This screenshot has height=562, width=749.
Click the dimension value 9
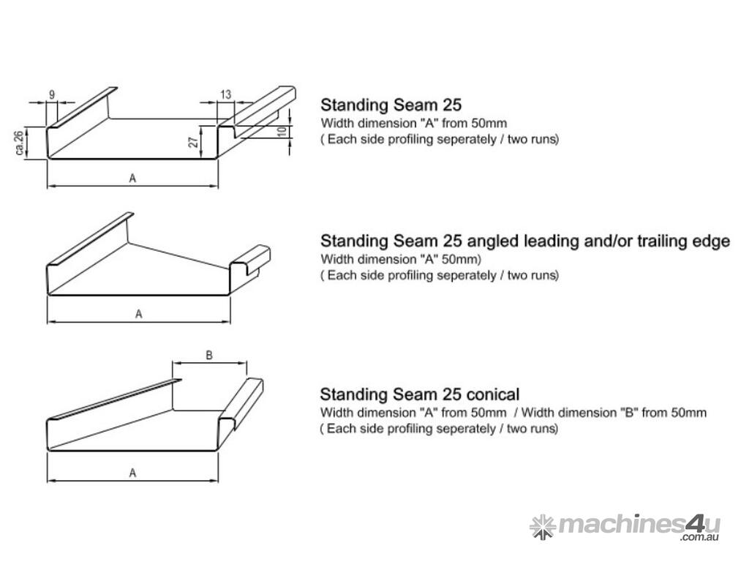coord(52,94)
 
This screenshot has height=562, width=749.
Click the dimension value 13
coord(225,94)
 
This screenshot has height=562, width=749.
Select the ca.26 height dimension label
coord(20,143)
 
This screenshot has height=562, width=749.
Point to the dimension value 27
coord(193,141)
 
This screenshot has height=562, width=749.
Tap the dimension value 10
coord(282,131)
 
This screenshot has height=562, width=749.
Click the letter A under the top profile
coord(132,179)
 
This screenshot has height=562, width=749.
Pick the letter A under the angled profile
coord(138,314)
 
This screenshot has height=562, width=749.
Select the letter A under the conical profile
coord(132,473)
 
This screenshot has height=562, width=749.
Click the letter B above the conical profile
coord(208,355)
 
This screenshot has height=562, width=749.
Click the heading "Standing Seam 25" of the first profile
coord(391,105)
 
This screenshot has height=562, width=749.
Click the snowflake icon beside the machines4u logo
coord(543,527)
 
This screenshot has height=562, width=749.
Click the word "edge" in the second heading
coord(711,241)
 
